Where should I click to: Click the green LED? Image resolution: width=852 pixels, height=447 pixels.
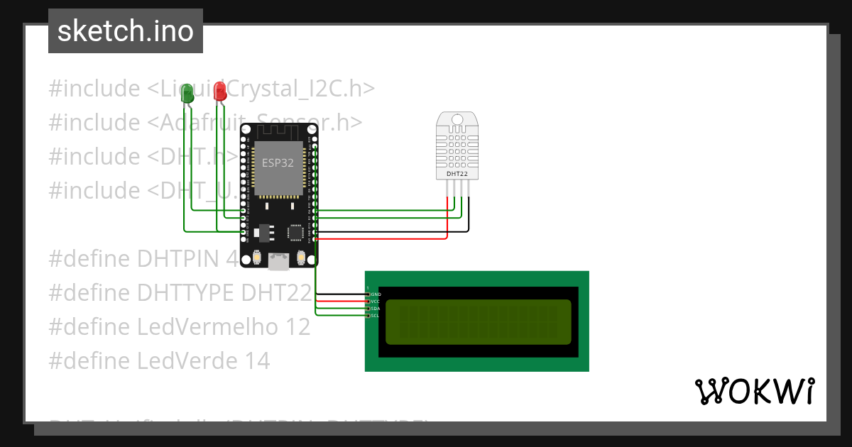pos(187,93)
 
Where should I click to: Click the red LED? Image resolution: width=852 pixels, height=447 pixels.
pos(220,91)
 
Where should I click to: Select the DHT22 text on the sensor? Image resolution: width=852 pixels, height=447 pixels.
pos(456,173)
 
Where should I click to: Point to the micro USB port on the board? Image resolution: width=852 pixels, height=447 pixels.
pos(278,263)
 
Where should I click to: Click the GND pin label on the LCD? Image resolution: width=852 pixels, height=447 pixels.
pos(376,294)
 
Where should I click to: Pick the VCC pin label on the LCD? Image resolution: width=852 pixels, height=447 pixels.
pos(376,301)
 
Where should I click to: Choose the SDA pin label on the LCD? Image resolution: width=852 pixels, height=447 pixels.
pos(376,309)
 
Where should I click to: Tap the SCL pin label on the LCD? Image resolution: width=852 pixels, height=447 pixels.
pos(376,316)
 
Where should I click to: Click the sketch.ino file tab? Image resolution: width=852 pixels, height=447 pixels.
pos(126,31)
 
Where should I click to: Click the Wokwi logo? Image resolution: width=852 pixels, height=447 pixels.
pos(754,391)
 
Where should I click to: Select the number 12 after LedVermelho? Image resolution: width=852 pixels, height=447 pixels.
pos(299,327)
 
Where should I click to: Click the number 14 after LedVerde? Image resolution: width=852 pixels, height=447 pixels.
pos(258,361)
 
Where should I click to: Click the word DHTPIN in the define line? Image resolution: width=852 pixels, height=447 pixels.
pos(180,259)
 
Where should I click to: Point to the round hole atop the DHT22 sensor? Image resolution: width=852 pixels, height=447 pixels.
pos(456,120)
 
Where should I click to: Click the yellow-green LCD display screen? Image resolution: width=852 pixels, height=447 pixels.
pos(478,322)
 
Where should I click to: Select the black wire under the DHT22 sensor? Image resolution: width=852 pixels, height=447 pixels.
pos(467,213)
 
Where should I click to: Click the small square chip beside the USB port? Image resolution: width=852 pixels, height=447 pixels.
pos(295,232)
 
